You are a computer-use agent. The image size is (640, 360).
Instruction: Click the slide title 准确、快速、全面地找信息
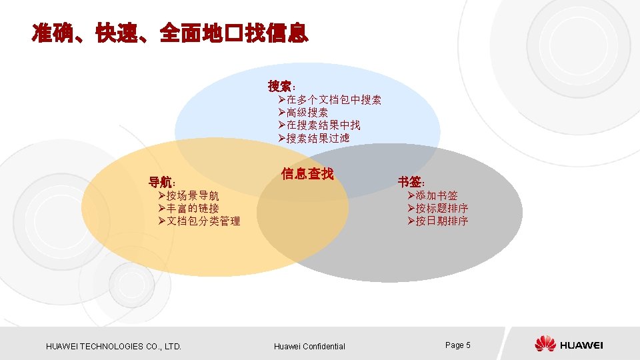coord(170,33)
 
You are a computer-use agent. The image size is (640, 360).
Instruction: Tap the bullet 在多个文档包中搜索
coord(330,100)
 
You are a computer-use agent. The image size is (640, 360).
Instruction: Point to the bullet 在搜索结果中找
coord(319,125)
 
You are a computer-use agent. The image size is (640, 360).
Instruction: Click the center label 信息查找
coord(307,174)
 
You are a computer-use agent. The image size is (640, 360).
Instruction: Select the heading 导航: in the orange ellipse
coord(162,181)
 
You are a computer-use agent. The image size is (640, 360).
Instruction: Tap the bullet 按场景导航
coord(188,195)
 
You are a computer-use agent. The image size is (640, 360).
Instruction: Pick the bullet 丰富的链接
coord(188,208)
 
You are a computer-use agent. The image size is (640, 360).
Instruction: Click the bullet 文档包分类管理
coord(199,221)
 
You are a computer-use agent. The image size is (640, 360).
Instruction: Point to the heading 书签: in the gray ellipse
coord(412,181)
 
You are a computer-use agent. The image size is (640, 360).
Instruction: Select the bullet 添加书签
coord(432,195)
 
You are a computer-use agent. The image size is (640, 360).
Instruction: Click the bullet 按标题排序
coord(437,208)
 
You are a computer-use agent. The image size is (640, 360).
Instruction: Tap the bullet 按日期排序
coord(437,221)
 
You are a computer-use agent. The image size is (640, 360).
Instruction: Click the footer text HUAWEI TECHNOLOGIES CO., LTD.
coord(113,346)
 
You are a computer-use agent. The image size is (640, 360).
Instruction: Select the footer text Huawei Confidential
coord(309,346)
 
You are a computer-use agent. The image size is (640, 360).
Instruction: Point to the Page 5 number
coord(458,345)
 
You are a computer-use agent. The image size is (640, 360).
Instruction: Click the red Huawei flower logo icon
coord(545,344)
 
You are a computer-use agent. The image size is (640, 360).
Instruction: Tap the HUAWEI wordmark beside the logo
coord(582,345)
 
